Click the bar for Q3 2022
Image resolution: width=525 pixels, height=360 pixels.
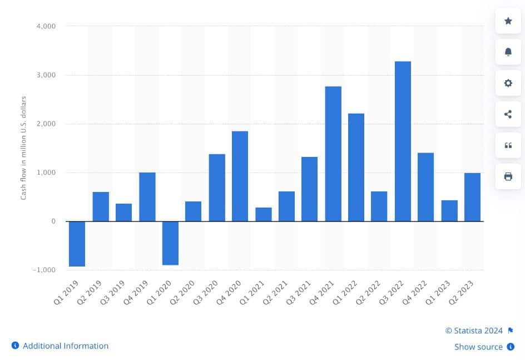[403, 141]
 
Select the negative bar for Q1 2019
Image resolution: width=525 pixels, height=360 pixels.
[77, 244]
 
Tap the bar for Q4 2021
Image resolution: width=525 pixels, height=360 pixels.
[333, 154]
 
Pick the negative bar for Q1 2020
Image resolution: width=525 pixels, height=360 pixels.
[170, 243]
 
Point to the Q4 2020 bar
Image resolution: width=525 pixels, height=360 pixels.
[240, 176]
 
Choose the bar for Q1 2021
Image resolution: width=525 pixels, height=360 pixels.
[264, 214]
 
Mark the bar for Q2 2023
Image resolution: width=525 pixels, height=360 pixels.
[472, 197]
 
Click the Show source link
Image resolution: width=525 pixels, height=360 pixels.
[478, 347]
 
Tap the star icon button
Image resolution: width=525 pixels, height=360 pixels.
[508, 21]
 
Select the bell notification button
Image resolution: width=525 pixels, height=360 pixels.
[508, 52]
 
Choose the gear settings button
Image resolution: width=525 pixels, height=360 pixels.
[508, 83]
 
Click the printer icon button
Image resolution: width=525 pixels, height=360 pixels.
[508, 176]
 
